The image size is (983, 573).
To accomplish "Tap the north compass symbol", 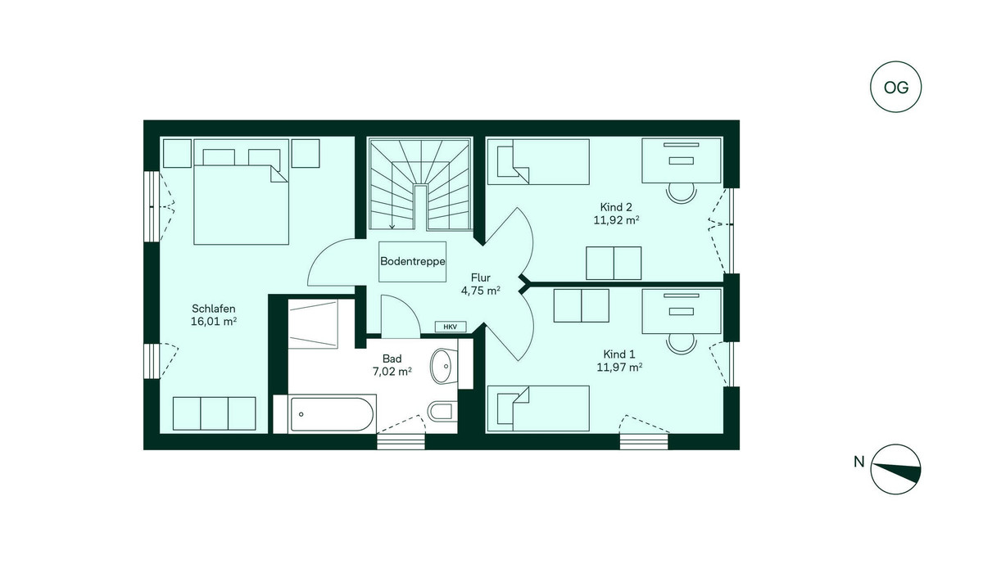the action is (895, 469).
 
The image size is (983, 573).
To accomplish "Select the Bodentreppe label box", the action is (413, 261).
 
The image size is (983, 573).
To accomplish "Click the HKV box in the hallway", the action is (451, 327).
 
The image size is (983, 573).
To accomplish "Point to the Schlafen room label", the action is (214, 309).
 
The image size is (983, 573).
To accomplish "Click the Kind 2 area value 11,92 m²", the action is (616, 220).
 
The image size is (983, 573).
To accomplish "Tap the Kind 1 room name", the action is (618, 354).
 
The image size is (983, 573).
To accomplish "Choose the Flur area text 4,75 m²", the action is (481, 291).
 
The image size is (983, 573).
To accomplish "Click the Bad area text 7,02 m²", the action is (392, 372).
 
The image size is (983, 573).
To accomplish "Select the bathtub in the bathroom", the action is (324, 414).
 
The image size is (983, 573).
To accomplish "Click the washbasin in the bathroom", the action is (444, 366).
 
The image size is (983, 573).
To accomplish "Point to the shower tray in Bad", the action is (313, 323).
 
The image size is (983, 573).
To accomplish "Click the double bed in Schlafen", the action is (241, 192).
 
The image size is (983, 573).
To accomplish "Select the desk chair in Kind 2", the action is (681, 193).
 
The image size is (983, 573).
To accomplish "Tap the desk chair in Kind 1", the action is (681, 344).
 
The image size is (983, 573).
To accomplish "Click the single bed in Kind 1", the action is (538, 408).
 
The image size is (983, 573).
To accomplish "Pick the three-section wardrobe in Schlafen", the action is (214, 413).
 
